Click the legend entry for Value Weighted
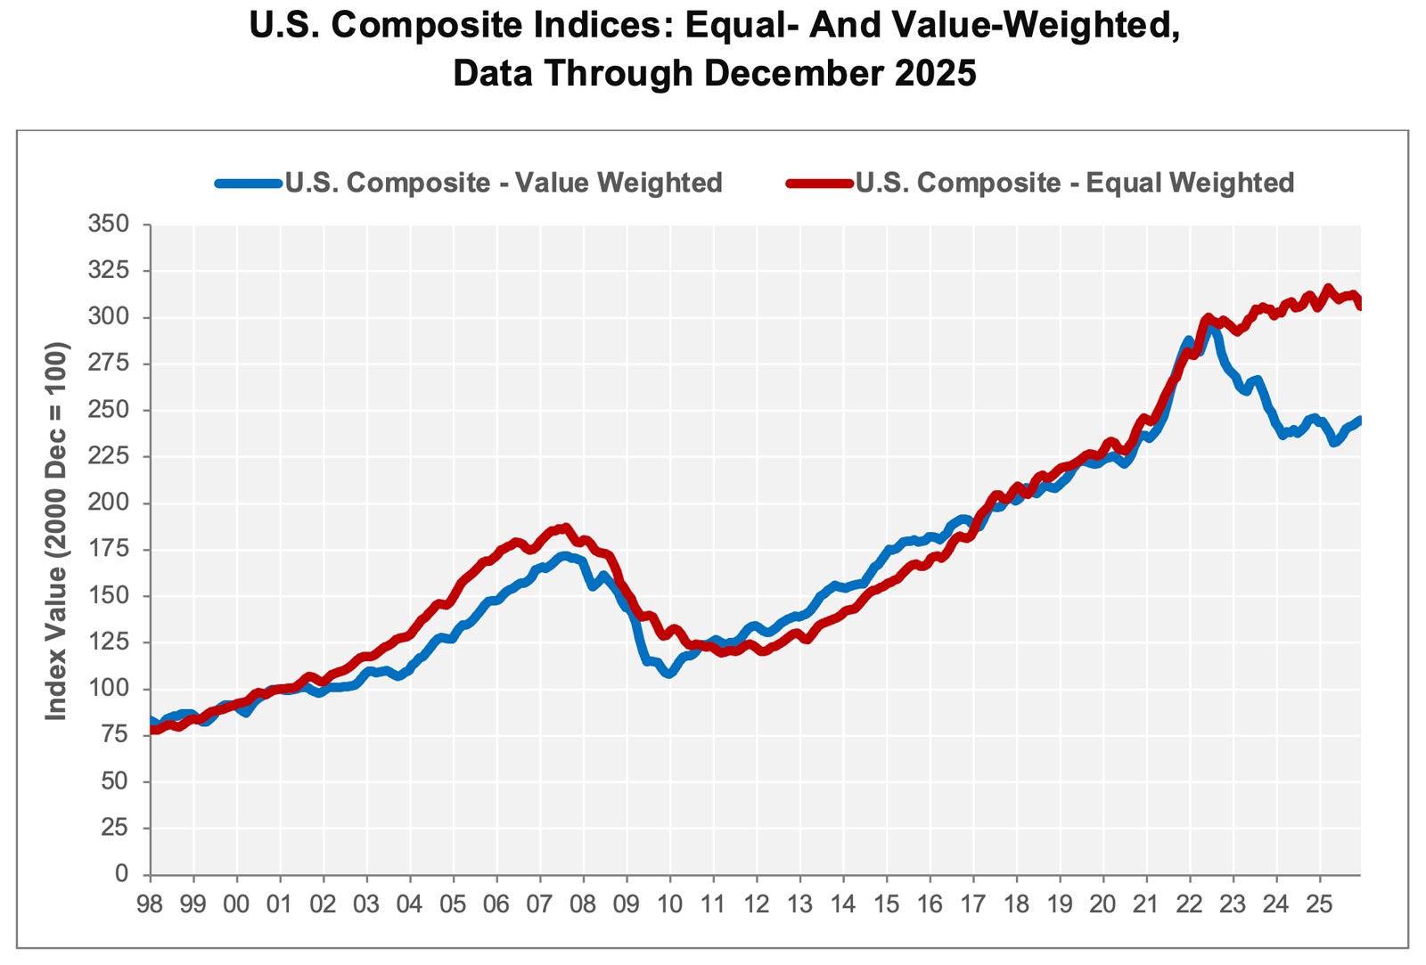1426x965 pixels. (504, 183)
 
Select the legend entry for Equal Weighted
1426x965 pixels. (1075, 183)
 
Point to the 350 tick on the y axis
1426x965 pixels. (109, 224)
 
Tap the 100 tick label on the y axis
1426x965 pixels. (109, 689)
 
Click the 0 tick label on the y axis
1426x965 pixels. (121, 874)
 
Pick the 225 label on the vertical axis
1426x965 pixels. (109, 456)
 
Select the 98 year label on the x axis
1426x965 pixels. (150, 904)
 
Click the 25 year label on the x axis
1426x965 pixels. (1319, 904)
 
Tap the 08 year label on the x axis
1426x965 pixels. (583, 904)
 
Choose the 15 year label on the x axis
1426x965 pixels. (886, 904)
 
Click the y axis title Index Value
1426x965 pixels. (56, 531)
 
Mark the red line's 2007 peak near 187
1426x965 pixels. (564, 527)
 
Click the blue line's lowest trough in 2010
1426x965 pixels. (669, 675)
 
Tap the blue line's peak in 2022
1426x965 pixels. (1209, 327)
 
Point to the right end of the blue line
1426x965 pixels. (1359, 419)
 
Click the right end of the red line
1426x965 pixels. (1359, 306)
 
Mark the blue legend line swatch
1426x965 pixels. (249, 184)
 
